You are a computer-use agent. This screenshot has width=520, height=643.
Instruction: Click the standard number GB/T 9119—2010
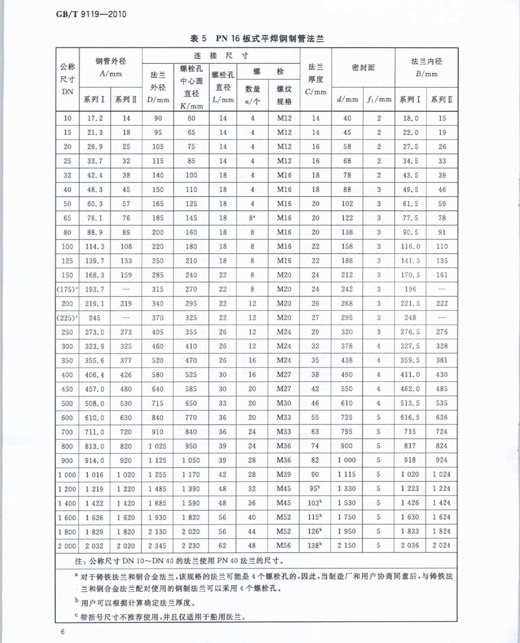click(x=91, y=14)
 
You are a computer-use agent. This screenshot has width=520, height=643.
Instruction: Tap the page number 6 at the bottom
click(x=63, y=631)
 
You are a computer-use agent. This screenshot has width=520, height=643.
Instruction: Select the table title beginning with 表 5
click(x=257, y=39)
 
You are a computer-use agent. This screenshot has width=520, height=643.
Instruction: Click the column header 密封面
click(x=363, y=68)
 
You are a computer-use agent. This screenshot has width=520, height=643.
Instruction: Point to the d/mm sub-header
click(x=347, y=99)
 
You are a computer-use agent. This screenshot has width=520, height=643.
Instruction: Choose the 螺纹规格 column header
click(x=284, y=95)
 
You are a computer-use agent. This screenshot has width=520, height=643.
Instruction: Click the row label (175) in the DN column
click(x=67, y=289)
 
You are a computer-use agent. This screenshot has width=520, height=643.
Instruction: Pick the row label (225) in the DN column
click(x=67, y=318)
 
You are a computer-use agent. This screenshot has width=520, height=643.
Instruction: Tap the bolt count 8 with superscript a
click(x=252, y=218)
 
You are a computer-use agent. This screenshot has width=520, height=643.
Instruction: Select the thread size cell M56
click(x=284, y=545)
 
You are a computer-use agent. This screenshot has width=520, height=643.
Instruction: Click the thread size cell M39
click(x=284, y=474)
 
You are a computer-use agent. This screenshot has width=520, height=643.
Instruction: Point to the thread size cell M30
click(x=284, y=403)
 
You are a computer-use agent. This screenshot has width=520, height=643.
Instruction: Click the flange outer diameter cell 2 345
click(x=158, y=546)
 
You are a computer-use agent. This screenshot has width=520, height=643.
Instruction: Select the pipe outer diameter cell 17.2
click(x=95, y=118)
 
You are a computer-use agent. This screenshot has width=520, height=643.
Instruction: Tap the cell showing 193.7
click(x=94, y=289)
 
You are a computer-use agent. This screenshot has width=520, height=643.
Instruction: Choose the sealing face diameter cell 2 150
click(x=347, y=545)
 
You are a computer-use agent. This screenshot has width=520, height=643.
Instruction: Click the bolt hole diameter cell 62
click(x=222, y=545)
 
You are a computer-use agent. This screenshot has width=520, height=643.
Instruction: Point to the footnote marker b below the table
click(x=77, y=601)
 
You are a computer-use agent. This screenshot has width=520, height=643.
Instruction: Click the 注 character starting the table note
click(x=78, y=561)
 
